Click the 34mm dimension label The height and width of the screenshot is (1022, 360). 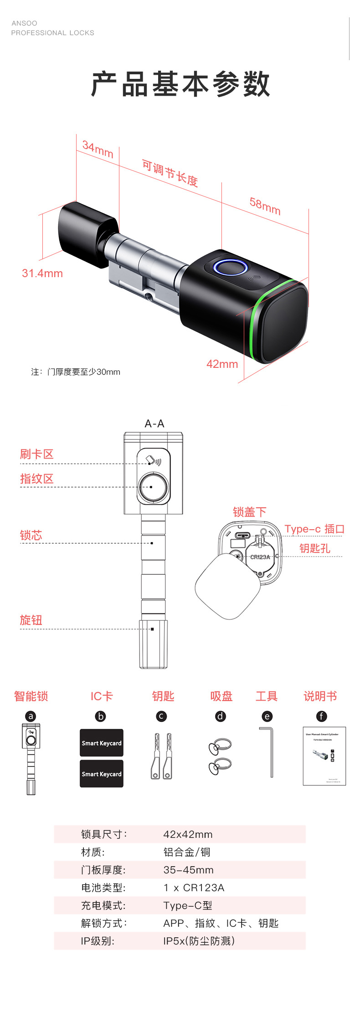point(98,149)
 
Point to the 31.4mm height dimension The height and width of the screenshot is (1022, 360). point(42,274)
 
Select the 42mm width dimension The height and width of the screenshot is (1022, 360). point(222,364)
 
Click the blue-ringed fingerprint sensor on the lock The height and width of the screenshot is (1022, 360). point(231,268)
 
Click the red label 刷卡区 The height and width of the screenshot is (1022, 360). point(36,454)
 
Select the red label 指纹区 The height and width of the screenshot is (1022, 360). point(36,479)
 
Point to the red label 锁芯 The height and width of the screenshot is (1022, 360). point(31,535)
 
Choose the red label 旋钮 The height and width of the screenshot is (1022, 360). point(31,620)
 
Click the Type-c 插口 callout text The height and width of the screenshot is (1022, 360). point(314,529)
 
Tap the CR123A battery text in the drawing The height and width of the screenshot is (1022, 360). point(260,557)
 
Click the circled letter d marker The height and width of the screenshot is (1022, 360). point(221,716)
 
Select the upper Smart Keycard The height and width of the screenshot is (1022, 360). point(102,743)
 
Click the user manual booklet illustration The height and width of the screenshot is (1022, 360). point(324,756)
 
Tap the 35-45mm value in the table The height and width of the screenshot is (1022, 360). point(188,870)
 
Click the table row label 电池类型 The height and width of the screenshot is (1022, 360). point(103,888)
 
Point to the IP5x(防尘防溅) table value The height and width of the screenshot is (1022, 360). point(199,941)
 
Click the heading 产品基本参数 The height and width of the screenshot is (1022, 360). point(180,84)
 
